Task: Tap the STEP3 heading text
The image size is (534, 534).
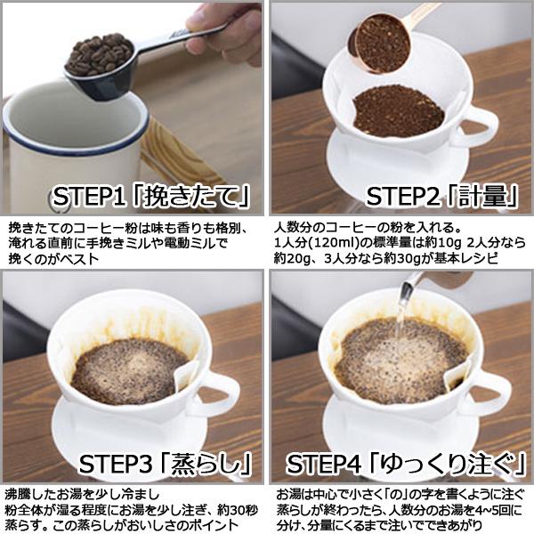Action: [x=164, y=462]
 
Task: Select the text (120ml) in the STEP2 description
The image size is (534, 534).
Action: [x=333, y=242]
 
